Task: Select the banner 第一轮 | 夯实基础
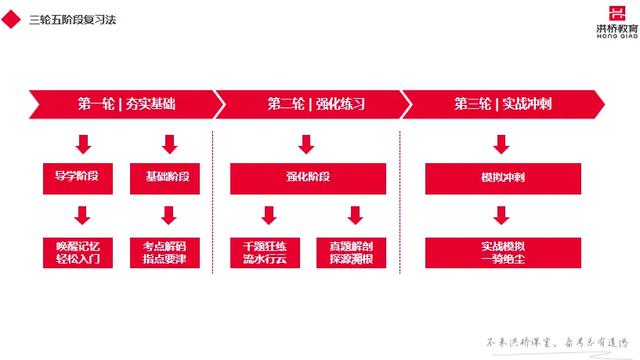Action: [125, 104]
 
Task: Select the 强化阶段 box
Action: [307, 177]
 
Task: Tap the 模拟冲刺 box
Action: [497, 177]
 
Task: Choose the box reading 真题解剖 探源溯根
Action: [351, 251]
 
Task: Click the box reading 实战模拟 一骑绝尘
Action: [497, 251]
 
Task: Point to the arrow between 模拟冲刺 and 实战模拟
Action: [497, 214]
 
